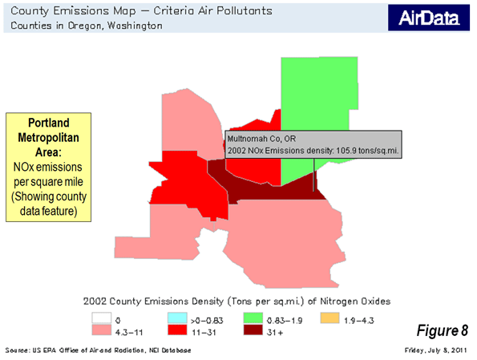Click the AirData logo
[x=429, y=18]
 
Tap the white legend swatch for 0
[x=102, y=318]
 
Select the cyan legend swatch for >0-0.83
[x=177, y=318]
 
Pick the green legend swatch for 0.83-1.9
[x=253, y=318]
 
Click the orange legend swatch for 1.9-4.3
[x=329, y=318]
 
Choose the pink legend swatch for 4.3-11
[x=102, y=330]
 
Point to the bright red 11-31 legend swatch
[x=177, y=330]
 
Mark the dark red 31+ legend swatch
[x=253, y=330]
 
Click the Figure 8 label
[x=442, y=330]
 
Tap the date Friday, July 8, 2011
[x=435, y=350]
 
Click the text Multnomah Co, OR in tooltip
[x=261, y=139]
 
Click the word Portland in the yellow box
[x=49, y=123]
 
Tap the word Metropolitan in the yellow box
[x=48, y=138]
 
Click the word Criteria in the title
[x=173, y=11]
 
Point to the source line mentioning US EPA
[x=98, y=350]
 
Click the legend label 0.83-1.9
[x=285, y=321]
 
